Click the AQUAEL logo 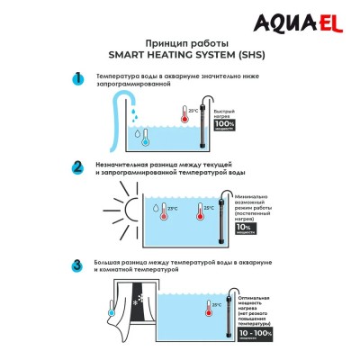click(x=307, y=19)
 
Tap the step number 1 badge click(x=78, y=78)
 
